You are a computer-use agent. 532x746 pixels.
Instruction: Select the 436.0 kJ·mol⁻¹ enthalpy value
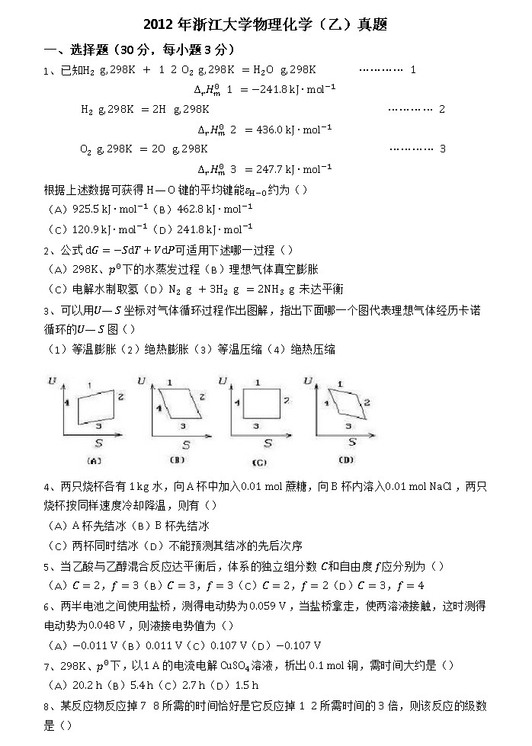289,130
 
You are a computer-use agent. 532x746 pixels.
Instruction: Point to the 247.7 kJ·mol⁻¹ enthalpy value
289,169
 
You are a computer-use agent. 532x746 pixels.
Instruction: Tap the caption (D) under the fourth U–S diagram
345,459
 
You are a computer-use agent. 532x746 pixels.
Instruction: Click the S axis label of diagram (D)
352,441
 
